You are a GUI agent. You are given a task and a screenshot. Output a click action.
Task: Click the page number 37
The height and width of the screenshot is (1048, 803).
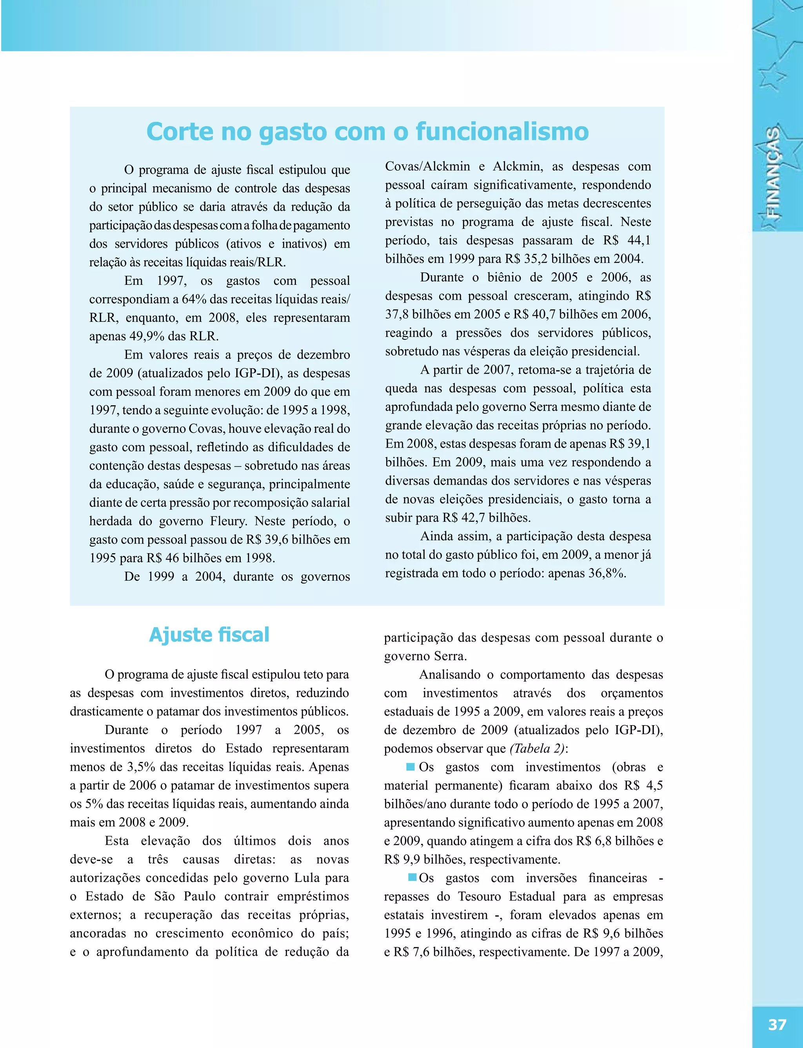(777, 1024)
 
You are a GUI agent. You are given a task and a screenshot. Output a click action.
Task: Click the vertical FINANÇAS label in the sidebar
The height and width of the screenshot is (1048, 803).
(773, 173)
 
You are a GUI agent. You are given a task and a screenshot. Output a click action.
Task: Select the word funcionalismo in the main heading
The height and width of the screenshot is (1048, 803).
(502, 131)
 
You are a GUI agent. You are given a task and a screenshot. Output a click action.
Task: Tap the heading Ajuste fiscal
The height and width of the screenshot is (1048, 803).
(209, 635)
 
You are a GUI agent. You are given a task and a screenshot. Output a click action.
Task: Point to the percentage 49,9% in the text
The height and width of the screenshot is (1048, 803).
(146, 336)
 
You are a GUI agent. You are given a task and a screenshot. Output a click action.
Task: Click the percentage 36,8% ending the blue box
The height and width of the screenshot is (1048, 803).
(607, 573)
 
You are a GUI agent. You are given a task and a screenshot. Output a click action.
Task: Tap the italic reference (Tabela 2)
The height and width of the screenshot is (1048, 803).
(537, 749)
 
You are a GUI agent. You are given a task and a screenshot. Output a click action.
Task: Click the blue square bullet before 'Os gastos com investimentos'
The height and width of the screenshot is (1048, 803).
(410, 767)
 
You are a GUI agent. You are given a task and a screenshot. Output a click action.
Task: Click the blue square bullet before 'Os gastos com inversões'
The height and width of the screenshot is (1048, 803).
(412, 877)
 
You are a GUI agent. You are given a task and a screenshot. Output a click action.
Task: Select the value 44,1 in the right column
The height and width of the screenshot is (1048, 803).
(639, 240)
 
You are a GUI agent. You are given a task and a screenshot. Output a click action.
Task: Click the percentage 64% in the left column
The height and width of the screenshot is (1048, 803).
(194, 299)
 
